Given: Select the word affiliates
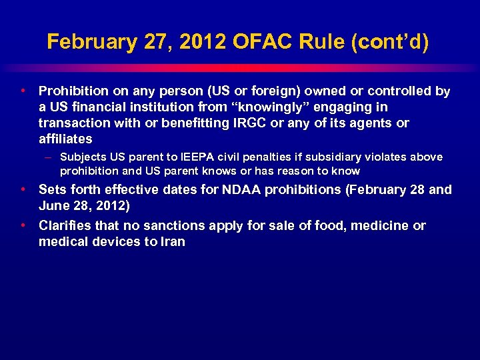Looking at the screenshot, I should (x=65, y=139).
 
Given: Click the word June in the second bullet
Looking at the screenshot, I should (x=53, y=206).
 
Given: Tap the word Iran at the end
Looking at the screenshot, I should (x=173, y=242).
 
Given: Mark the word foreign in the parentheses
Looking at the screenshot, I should (x=265, y=91).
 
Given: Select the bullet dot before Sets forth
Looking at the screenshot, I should (x=23, y=189).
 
